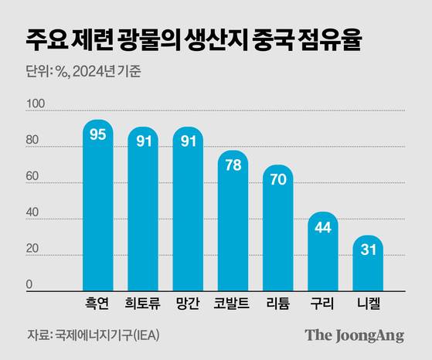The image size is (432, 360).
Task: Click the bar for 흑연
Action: [98, 209]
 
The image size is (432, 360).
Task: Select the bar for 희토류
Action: [143, 212]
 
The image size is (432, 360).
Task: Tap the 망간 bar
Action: [188, 212]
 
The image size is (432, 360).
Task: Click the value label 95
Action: [98, 135]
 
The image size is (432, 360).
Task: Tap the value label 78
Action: [233, 165]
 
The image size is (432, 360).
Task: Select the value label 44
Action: [323, 227]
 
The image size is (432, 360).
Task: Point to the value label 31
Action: [368, 250]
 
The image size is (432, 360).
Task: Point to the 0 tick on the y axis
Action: [29, 285]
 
